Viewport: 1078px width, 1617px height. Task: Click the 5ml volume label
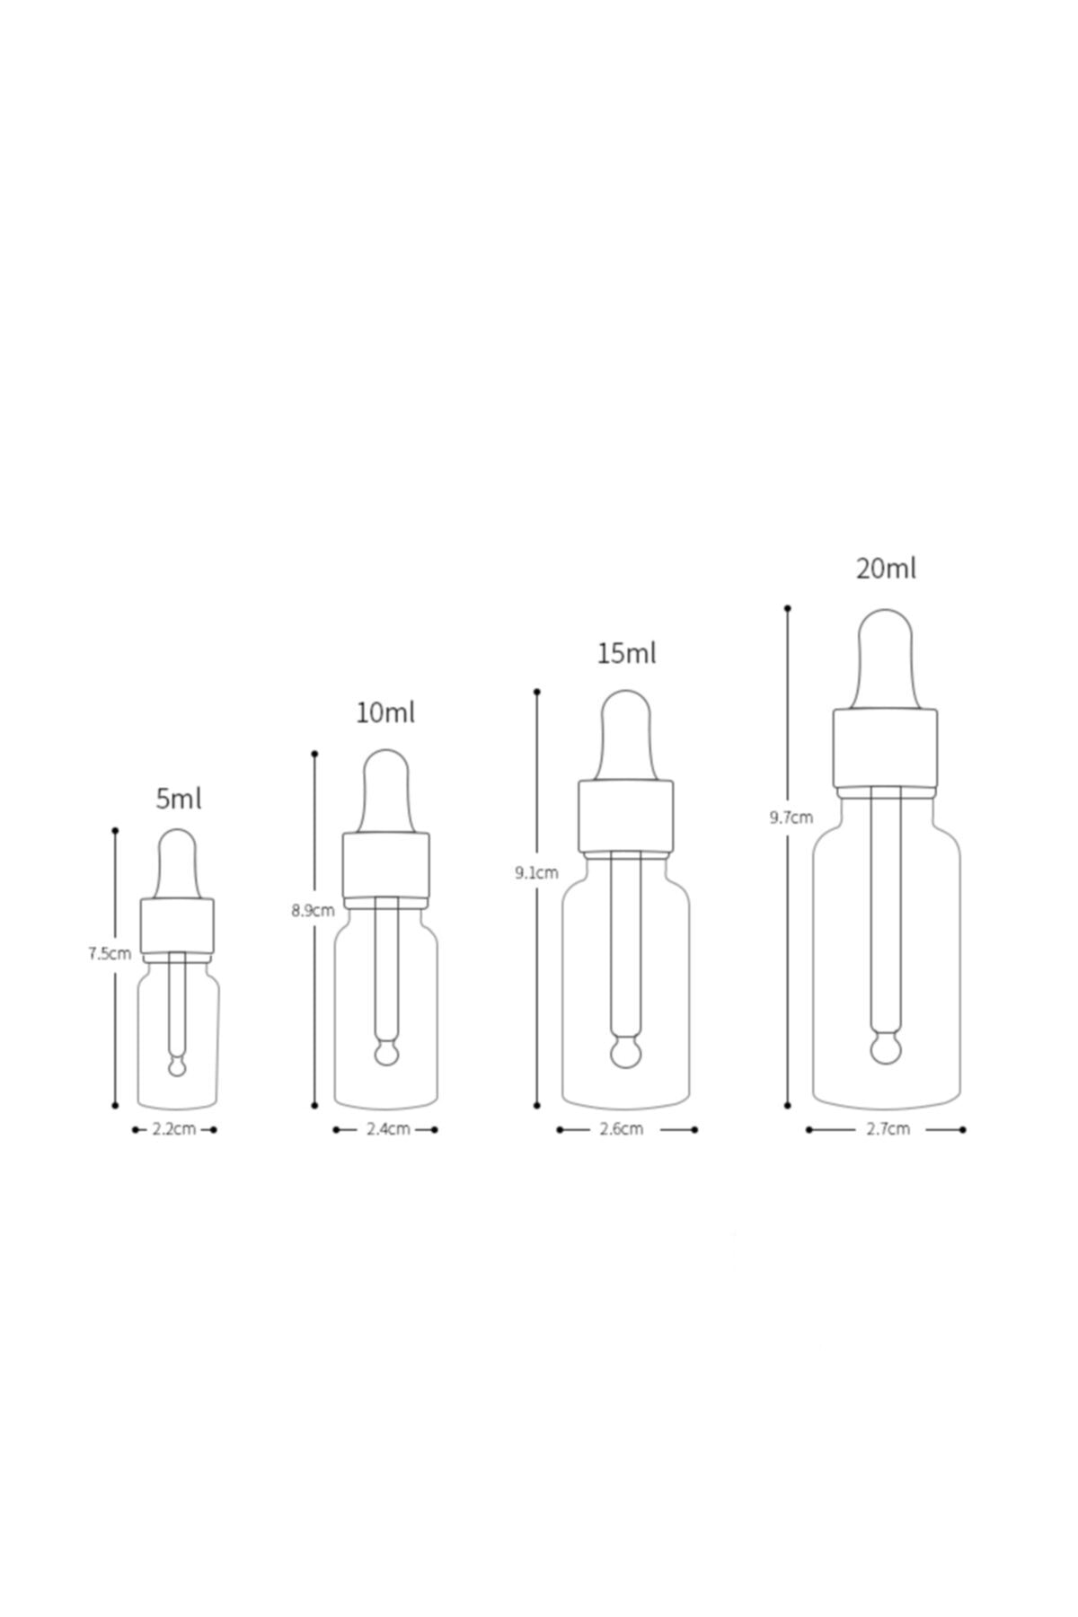(x=178, y=798)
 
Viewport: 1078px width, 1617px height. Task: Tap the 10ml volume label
(x=385, y=713)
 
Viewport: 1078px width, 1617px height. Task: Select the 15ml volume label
(x=626, y=653)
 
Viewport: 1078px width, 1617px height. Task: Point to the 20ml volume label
(x=886, y=569)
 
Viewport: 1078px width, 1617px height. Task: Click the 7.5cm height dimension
(x=109, y=954)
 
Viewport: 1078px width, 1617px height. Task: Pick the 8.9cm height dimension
(x=312, y=910)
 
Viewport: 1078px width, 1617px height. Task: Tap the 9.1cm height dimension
(x=536, y=872)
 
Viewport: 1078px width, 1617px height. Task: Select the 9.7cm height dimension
(x=791, y=817)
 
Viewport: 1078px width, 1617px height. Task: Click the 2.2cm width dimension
(x=174, y=1129)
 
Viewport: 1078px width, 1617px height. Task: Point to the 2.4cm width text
(x=388, y=1129)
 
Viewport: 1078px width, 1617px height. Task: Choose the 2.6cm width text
(x=622, y=1129)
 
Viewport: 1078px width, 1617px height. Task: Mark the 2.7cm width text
(x=888, y=1129)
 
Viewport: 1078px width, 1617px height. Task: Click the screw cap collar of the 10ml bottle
(x=385, y=864)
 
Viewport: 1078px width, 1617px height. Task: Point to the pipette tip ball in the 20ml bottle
(x=886, y=1047)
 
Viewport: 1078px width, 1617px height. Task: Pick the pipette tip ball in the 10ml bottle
(x=386, y=1053)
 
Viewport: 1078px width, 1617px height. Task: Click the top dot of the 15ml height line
(x=537, y=692)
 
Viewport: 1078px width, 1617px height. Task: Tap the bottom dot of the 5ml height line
(x=115, y=1105)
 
